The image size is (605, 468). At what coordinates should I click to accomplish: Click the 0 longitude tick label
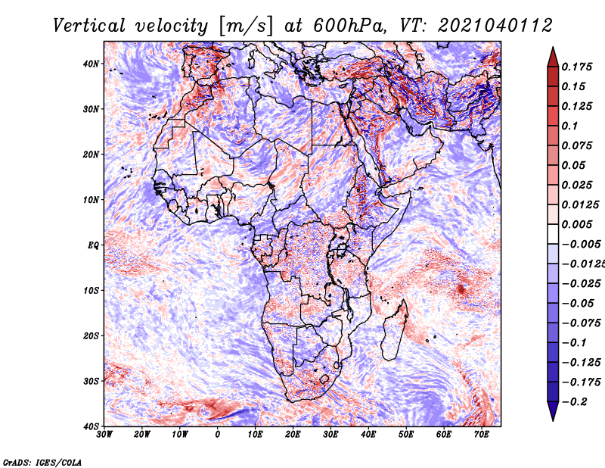coord(218,435)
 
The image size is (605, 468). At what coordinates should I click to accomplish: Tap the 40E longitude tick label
coord(368,435)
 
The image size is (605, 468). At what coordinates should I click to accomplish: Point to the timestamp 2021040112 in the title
coord(489,26)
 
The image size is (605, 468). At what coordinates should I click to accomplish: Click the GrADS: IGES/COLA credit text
coord(42,462)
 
